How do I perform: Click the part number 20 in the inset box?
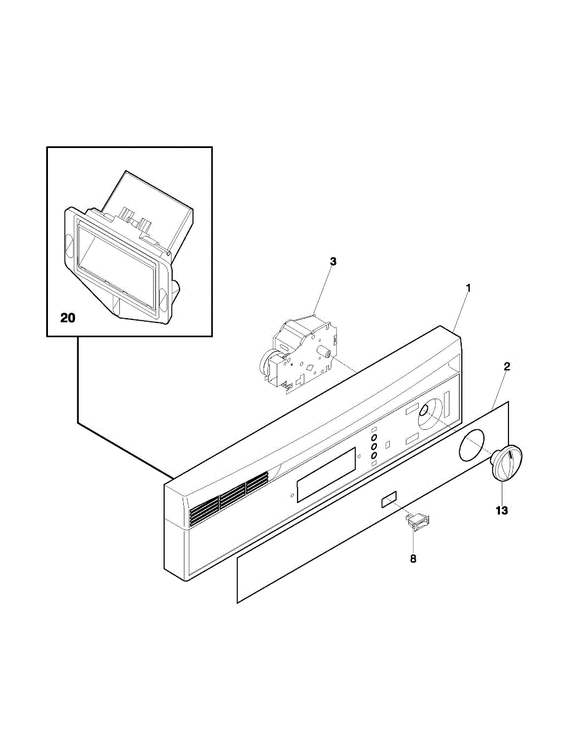pyautogui.click(x=68, y=318)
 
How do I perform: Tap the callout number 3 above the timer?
pyautogui.click(x=333, y=262)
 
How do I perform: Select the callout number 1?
pyautogui.click(x=468, y=287)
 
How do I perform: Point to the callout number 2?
pyautogui.click(x=507, y=367)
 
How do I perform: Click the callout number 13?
pyautogui.click(x=502, y=510)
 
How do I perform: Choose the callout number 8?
pyautogui.click(x=413, y=559)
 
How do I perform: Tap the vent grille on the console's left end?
pyautogui.click(x=228, y=498)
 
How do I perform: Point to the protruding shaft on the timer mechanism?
pyautogui.click(x=325, y=353)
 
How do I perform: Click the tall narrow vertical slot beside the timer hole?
pyautogui.click(x=447, y=404)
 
